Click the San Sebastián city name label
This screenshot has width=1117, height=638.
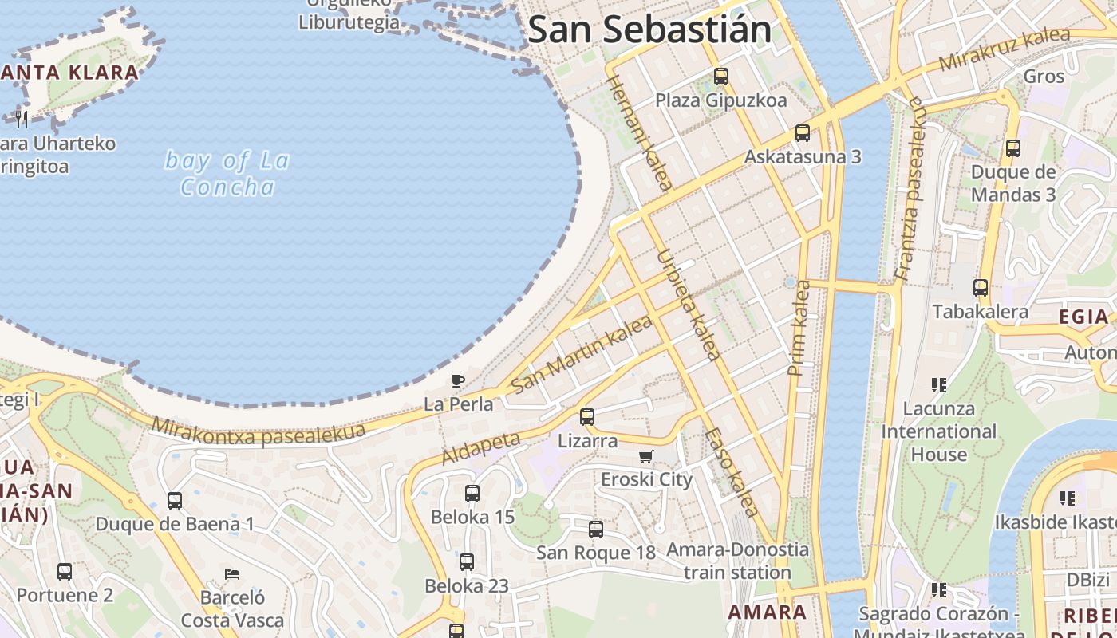pyautogui.click(x=649, y=30)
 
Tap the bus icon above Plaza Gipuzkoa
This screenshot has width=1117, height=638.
pyautogui.click(x=721, y=77)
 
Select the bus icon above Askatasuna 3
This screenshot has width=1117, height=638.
pyautogui.click(x=803, y=133)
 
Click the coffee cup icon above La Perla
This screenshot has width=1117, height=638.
pyautogui.click(x=458, y=381)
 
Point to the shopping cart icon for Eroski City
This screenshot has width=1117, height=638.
pyautogui.click(x=646, y=457)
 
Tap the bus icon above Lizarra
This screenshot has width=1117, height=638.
pyautogui.click(x=587, y=416)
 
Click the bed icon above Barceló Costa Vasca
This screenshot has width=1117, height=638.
pyautogui.click(x=232, y=573)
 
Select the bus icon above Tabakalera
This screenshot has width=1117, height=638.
pyautogui.click(x=981, y=288)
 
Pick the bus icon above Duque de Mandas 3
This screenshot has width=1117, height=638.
pyautogui.click(x=1013, y=148)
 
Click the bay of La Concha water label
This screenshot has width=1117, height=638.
pyautogui.click(x=227, y=173)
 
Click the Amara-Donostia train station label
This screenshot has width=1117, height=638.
pyautogui.click(x=737, y=561)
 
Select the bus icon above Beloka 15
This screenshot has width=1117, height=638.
pyautogui.click(x=472, y=494)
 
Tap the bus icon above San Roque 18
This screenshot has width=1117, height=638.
pyautogui.click(x=596, y=530)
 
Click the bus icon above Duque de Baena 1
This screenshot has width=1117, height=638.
pyautogui.click(x=175, y=501)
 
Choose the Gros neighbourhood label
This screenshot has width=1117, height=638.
pyautogui.click(x=1044, y=77)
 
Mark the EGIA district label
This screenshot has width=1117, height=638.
pyautogui.click(x=1083, y=317)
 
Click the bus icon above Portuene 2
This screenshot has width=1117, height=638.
pyautogui.click(x=65, y=572)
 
